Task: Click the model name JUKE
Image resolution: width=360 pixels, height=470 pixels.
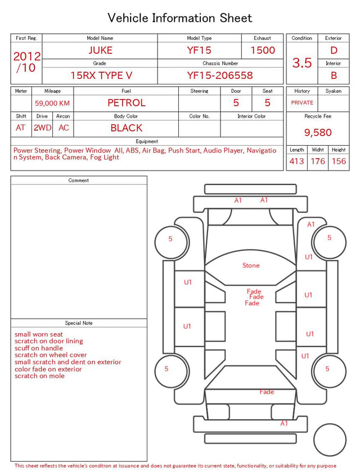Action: click(x=100, y=50)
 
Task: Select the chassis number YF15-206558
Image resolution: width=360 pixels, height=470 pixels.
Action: click(x=220, y=75)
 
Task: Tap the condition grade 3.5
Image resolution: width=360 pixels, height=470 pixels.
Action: click(x=302, y=62)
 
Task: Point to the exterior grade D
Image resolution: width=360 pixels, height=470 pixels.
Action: click(x=334, y=50)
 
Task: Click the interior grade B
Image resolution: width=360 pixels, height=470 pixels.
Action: click(x=334, y=75)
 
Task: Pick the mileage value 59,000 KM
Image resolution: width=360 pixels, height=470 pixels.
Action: click(x=52, y=103)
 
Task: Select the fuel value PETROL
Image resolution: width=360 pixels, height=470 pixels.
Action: click(x=127, y=103)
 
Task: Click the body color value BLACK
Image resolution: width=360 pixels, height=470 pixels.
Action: click(x=127, y=128)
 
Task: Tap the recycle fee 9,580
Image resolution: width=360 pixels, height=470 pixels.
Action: click(x=318, y=132)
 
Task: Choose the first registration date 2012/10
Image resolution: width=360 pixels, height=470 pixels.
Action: click(x=26, y=62)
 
